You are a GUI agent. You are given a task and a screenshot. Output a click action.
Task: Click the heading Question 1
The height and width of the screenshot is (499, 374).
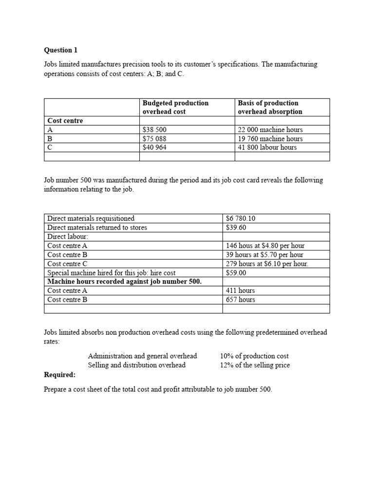(61, 50)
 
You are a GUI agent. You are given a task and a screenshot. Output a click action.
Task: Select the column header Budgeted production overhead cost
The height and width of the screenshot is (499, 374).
(175, 107)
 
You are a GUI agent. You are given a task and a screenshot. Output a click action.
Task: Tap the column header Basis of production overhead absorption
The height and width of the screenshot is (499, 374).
(270, 107)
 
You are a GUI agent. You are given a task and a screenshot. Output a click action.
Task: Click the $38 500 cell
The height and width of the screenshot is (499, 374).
(154, 130)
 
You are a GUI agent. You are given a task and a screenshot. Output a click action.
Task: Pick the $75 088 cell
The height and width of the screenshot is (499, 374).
(154, 138)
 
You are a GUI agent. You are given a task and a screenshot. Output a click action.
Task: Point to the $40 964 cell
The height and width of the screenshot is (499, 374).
(154, 147)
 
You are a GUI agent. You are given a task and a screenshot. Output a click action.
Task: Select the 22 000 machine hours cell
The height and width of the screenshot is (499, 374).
(270, 130)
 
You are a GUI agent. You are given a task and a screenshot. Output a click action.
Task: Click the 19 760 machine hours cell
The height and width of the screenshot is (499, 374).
(270, 138)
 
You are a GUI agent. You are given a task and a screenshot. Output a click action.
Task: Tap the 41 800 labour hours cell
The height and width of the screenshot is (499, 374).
(267, 147)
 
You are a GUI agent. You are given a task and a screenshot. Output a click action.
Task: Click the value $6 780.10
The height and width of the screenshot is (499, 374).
(241, 218)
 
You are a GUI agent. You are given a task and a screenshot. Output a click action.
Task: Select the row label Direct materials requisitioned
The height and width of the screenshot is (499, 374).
(91, 218)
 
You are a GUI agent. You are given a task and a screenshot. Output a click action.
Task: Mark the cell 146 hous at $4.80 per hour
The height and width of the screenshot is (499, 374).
(265, 246)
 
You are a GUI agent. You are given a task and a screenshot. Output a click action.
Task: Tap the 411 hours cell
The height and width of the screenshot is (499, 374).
(241, 290)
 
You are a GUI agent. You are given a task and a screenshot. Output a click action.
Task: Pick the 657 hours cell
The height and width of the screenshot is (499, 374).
(241, 300)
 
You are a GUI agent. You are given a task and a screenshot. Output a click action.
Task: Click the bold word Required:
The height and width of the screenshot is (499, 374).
(60, 375)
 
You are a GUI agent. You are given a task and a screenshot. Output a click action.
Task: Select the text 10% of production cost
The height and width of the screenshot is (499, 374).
(255, 356)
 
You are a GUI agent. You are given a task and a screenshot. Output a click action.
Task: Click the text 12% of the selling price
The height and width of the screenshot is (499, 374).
(255, 365)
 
